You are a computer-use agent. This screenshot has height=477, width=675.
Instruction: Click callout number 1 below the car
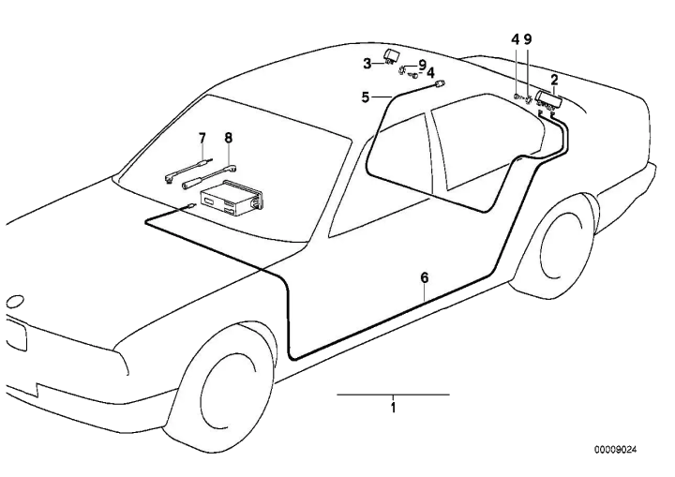coord(393,408)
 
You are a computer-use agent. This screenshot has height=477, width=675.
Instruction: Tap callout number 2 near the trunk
coord(554,80)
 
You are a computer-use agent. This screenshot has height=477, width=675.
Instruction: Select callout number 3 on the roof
coord(367,64)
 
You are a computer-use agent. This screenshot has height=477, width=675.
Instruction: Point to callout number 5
coord(365,97)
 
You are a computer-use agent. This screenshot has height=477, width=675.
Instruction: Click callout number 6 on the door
coord(425,277)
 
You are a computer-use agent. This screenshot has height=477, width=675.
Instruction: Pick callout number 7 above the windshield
coord(202,138)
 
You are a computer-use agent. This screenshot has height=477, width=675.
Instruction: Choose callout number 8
coord(228,138)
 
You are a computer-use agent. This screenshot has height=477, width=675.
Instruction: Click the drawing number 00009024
coord(615,450)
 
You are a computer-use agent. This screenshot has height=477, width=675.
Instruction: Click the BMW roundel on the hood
coord(16,301)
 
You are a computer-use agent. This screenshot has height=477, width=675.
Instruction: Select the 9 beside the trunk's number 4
coord(528,39)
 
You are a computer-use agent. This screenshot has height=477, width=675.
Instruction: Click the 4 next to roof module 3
coord(430,72)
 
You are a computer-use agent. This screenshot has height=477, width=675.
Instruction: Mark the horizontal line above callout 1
coord(393,395)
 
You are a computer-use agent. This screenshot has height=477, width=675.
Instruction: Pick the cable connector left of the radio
coord(190,206)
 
